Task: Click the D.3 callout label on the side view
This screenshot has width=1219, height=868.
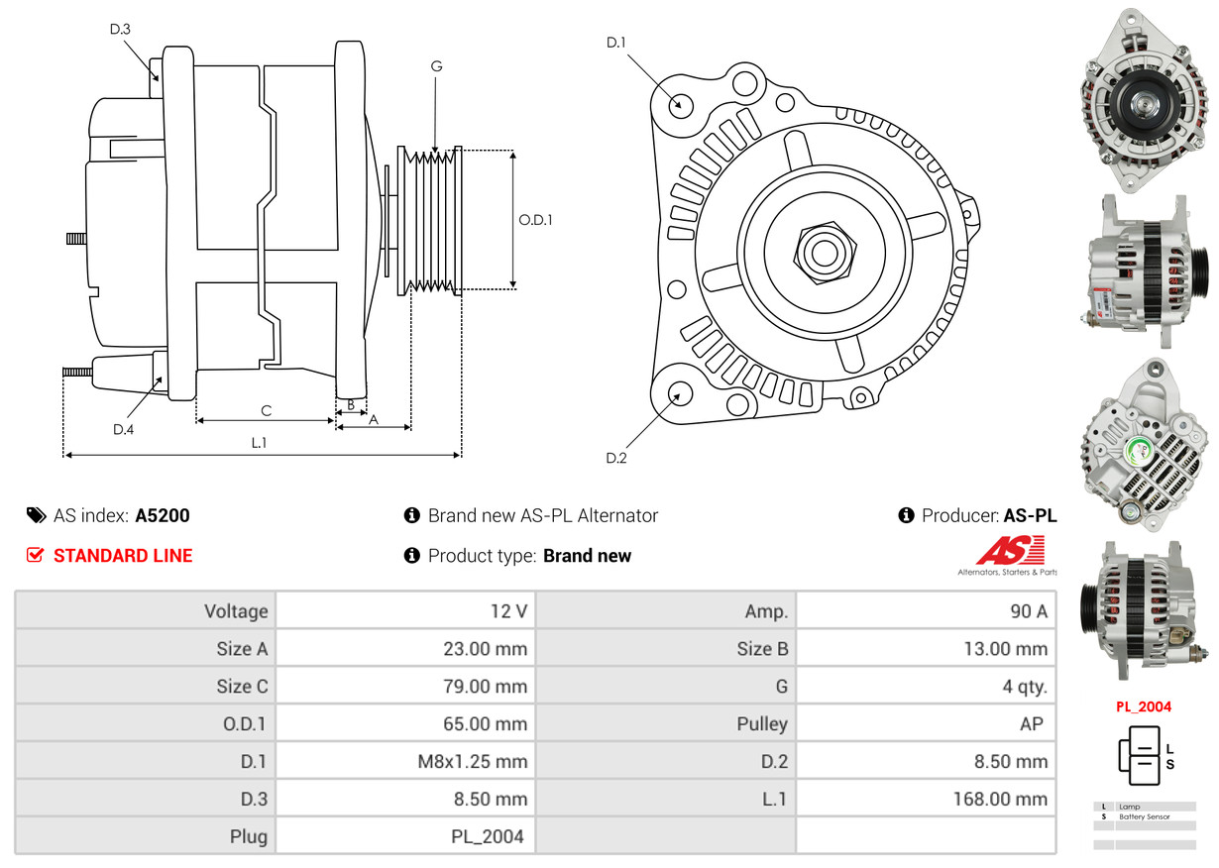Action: (120, 29)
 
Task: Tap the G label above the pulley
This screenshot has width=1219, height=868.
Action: (436, 65)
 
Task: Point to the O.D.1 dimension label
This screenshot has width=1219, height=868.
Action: (535, 220)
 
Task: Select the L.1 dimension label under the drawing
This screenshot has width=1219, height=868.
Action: (259, 443)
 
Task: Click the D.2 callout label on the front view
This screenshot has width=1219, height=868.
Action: (616, 458)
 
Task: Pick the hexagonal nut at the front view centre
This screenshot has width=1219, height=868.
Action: (825, 252)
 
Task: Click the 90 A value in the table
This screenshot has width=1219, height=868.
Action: (1029, 611)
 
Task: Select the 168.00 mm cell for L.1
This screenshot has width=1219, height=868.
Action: (1000, 799)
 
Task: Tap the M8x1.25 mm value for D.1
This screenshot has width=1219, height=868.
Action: (473, 761)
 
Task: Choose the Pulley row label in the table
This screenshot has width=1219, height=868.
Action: (762, 723)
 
